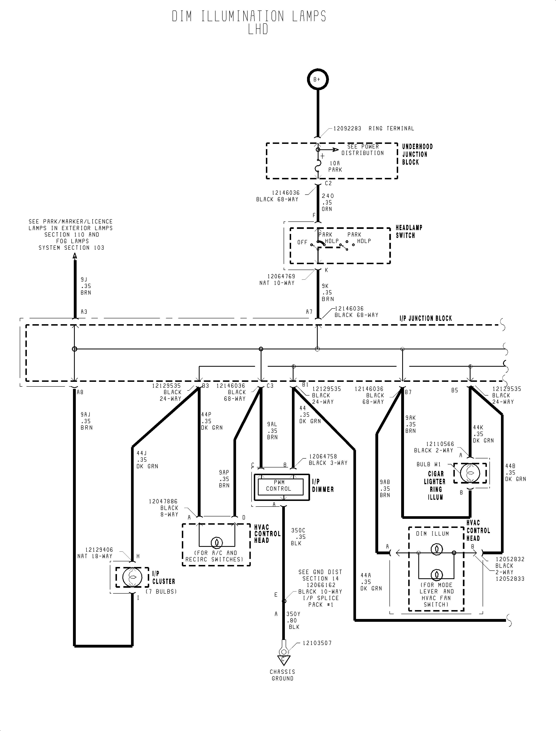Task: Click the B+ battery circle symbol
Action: [x=317, y=79]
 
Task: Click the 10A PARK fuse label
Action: [x=335, y=166]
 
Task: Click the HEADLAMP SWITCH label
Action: [x=409, y=232]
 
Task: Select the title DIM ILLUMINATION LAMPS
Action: [x=249, y=17]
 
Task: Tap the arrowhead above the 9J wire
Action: [x=75, y=256]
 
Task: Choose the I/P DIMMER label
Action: [x=323, y=486]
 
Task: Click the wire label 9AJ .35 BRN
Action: [x=86, y=421]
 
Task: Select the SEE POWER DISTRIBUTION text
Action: [x=363, y=150]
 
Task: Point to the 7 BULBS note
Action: [x=161, y=591]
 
